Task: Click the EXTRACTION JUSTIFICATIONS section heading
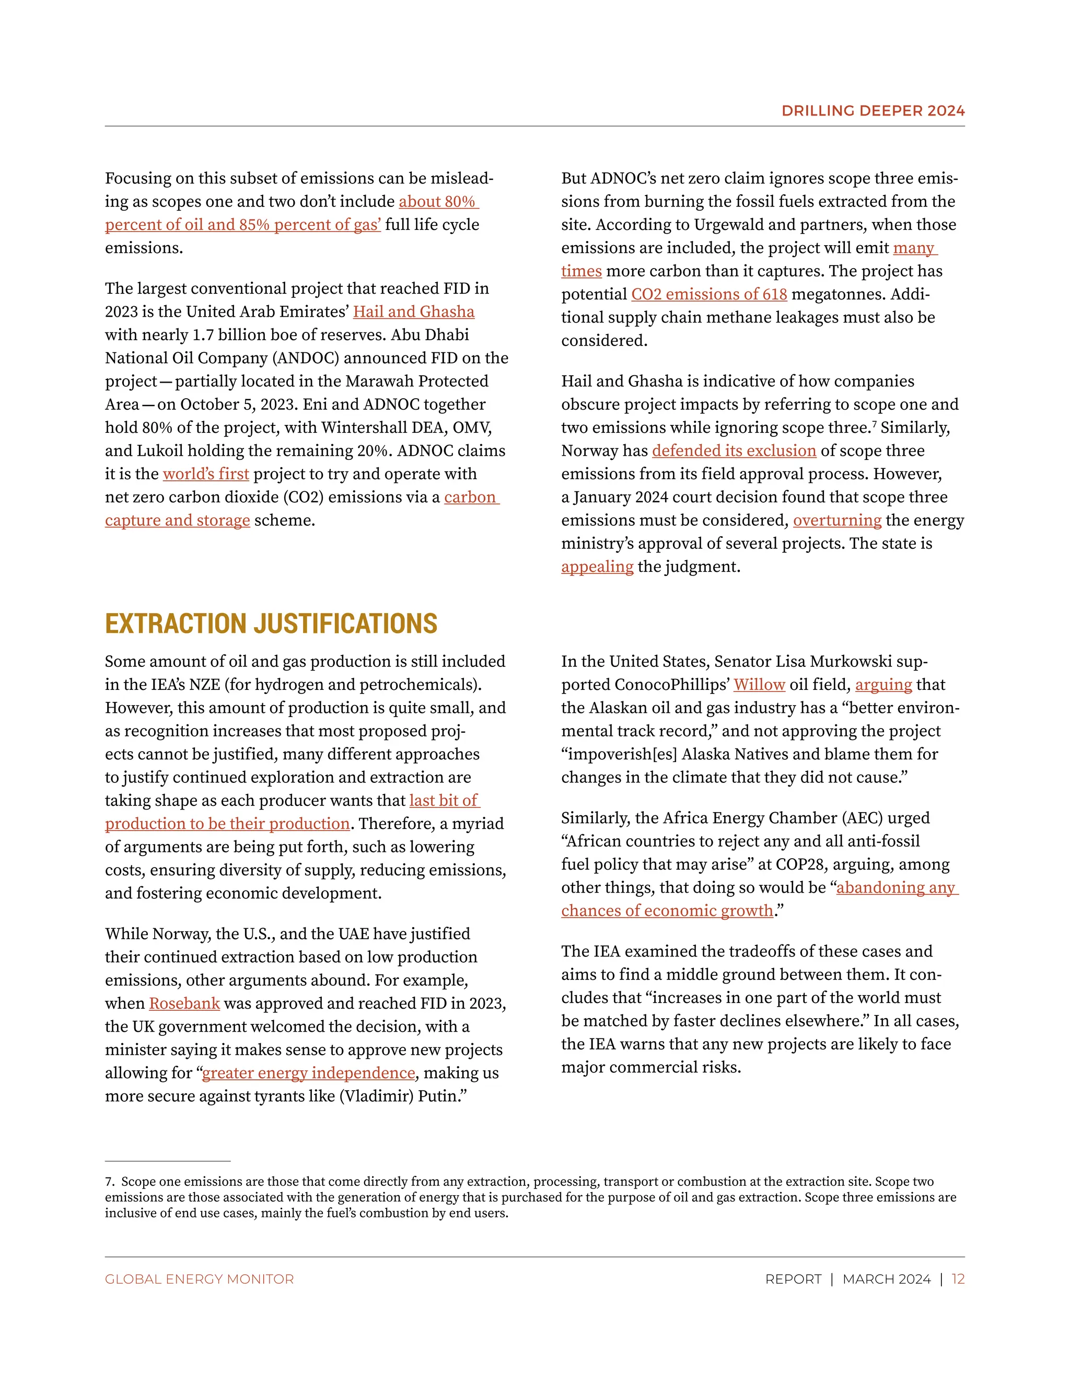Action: click(271, 624)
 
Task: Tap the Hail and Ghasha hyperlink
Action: click(413, 312)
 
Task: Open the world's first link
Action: click(205, 475)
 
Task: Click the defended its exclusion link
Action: click(734, 451)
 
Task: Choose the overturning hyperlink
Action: click(837, 521)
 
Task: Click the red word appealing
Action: click(597, 567)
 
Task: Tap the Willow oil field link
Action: click(759, 685)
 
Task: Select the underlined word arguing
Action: click(883, 685)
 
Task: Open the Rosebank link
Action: click(184, 1004)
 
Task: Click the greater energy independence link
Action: click(308, 1073)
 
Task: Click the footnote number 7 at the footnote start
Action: click(109, 1182)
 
